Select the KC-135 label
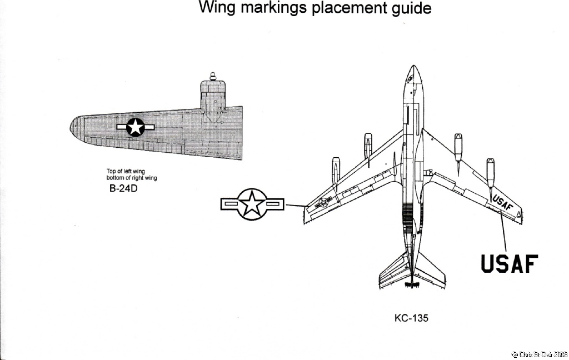(411, 319)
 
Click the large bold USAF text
(510, 264)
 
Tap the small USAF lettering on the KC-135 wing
(502, 203)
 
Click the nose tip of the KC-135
(412, 67)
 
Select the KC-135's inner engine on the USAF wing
(458, 150)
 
